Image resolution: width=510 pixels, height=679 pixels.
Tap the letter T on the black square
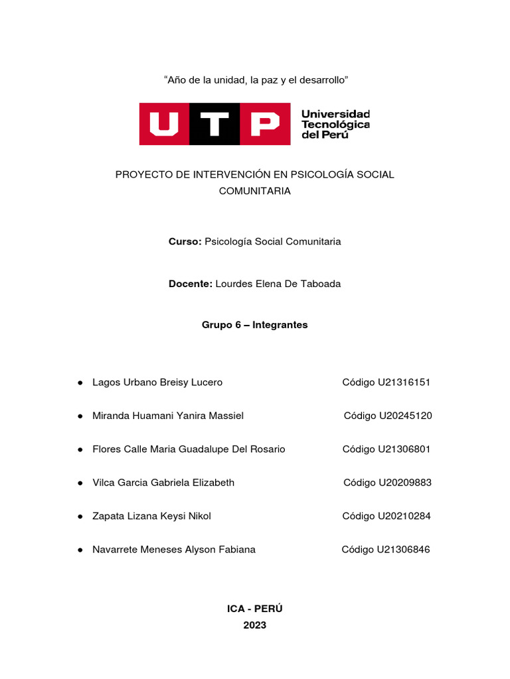coord(214,124)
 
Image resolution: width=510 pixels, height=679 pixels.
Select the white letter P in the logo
coord(264,124)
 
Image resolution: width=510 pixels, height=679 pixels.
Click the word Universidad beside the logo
coord(335,114)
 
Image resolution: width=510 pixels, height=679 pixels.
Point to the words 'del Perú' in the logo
coord(325,134)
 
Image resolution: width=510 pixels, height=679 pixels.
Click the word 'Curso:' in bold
coord(185,242)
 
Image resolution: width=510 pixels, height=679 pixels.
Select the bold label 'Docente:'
coord(191,284)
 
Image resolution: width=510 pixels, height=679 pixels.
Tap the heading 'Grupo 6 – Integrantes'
coord(254,326)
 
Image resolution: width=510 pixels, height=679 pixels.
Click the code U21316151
coord(404,383)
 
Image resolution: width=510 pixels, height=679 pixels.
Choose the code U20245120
coord(405,416)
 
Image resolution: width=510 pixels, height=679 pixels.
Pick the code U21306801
coord(404,449)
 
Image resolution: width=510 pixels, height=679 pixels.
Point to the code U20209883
coord(404,483)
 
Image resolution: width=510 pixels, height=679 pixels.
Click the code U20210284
coord(404,516)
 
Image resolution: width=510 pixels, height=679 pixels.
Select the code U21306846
coord(403,549)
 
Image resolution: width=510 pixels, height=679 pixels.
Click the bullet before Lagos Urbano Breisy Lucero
coord(80,383)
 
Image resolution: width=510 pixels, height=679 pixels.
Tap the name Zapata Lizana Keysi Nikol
coord(152,516)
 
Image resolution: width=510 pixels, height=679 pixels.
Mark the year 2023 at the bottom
coord(254,625)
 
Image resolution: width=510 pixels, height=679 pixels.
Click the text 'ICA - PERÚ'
coord(254,609)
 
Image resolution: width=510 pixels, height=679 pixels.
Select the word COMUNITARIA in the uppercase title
coord(254,191)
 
